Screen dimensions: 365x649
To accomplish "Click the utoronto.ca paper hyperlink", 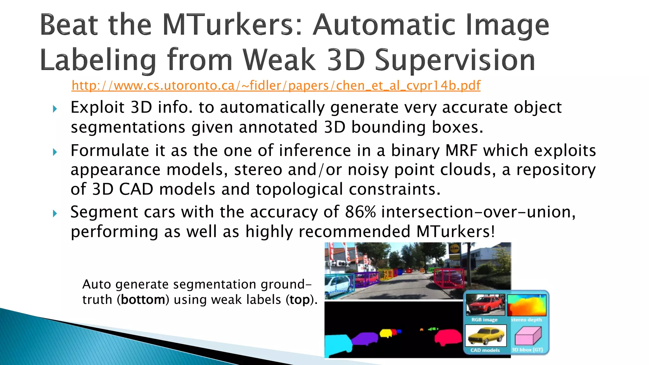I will coord(276,86).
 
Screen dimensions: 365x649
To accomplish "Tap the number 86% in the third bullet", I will coord(360,212).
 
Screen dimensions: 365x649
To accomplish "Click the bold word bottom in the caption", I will coord(143,300).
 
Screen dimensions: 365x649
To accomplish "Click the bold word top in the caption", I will coord(299,300).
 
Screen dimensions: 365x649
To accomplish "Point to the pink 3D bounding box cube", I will coord(527,336).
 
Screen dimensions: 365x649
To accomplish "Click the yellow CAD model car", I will coord(485,336).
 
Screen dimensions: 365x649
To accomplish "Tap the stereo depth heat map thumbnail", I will coord(527,305).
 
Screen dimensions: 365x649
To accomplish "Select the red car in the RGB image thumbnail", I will coord(485,305).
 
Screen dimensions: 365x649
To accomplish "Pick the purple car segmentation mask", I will coord(364,338).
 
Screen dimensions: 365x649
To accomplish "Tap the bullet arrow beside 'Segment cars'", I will coord(55,214).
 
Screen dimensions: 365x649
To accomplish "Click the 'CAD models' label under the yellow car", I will coord(485,350).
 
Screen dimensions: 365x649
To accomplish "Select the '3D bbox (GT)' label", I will coord(527,350).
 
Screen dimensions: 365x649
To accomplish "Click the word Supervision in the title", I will coord(455,60).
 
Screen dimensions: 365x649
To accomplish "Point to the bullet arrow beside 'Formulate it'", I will coord(55,152).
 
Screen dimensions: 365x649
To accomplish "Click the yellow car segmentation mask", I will coord(386,333).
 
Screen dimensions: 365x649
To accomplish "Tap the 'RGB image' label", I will coord(484,320).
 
